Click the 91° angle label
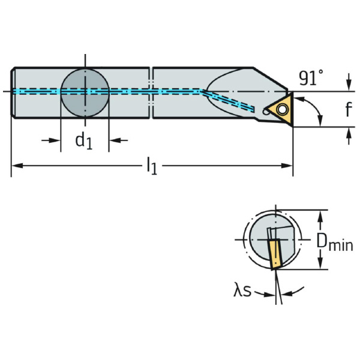tap(310, 77)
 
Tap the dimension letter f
tap(348, 110)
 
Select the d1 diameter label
tap(83, 142)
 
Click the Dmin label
tap(334, 242)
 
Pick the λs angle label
tap(242, 292)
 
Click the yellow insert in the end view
tap(275, 253)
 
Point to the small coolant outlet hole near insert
tap(266, 110)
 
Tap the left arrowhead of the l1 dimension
tap(16, 164)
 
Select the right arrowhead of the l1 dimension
tap(289, 164)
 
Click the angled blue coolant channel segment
tap(231, 100)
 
